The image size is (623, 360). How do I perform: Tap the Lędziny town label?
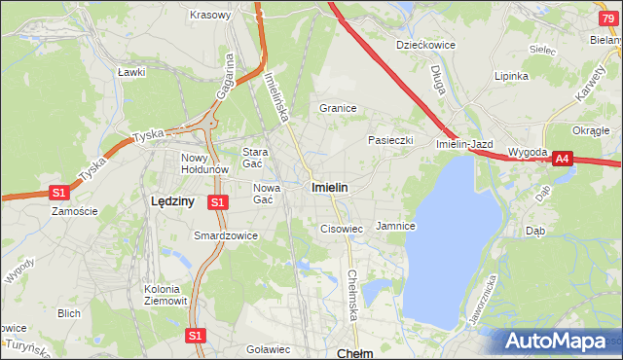[x=173, y=200]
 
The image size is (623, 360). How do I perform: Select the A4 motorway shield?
[x=562, y=162]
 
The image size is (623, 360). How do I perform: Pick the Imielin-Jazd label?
[x=465, y=144]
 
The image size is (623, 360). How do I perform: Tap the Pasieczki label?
[x=390, y=140]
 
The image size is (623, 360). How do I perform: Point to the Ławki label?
[x=130, y=72]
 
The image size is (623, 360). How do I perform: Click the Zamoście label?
[x=75, y=210]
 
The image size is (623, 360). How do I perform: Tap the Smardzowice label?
[x=226, y=235]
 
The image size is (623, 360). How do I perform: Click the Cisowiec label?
[x=342, y=229]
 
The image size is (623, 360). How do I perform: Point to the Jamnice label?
[x=395, y=226]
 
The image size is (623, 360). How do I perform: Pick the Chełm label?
[x=354, y=353]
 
